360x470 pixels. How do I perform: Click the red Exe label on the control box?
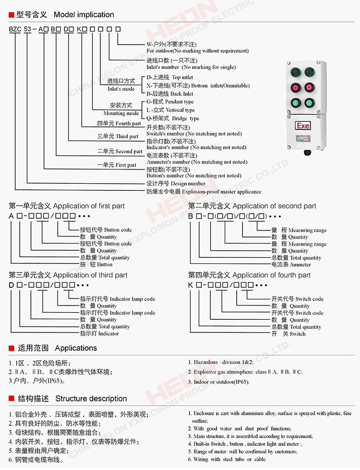[303, 125]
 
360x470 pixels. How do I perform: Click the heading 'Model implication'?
[84, 15]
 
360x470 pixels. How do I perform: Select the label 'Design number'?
[188, 183]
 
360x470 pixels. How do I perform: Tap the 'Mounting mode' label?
[121, 113]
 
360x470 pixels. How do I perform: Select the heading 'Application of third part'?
[90, 275]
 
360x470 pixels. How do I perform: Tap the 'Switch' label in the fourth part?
[297, 333]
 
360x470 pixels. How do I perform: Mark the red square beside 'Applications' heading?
[11, 348]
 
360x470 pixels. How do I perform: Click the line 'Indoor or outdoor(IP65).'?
[222, 381]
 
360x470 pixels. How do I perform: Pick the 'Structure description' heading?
[91, 398]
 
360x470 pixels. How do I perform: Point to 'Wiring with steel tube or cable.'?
[230, 459]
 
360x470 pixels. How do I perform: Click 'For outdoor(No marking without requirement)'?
[197, 51]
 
